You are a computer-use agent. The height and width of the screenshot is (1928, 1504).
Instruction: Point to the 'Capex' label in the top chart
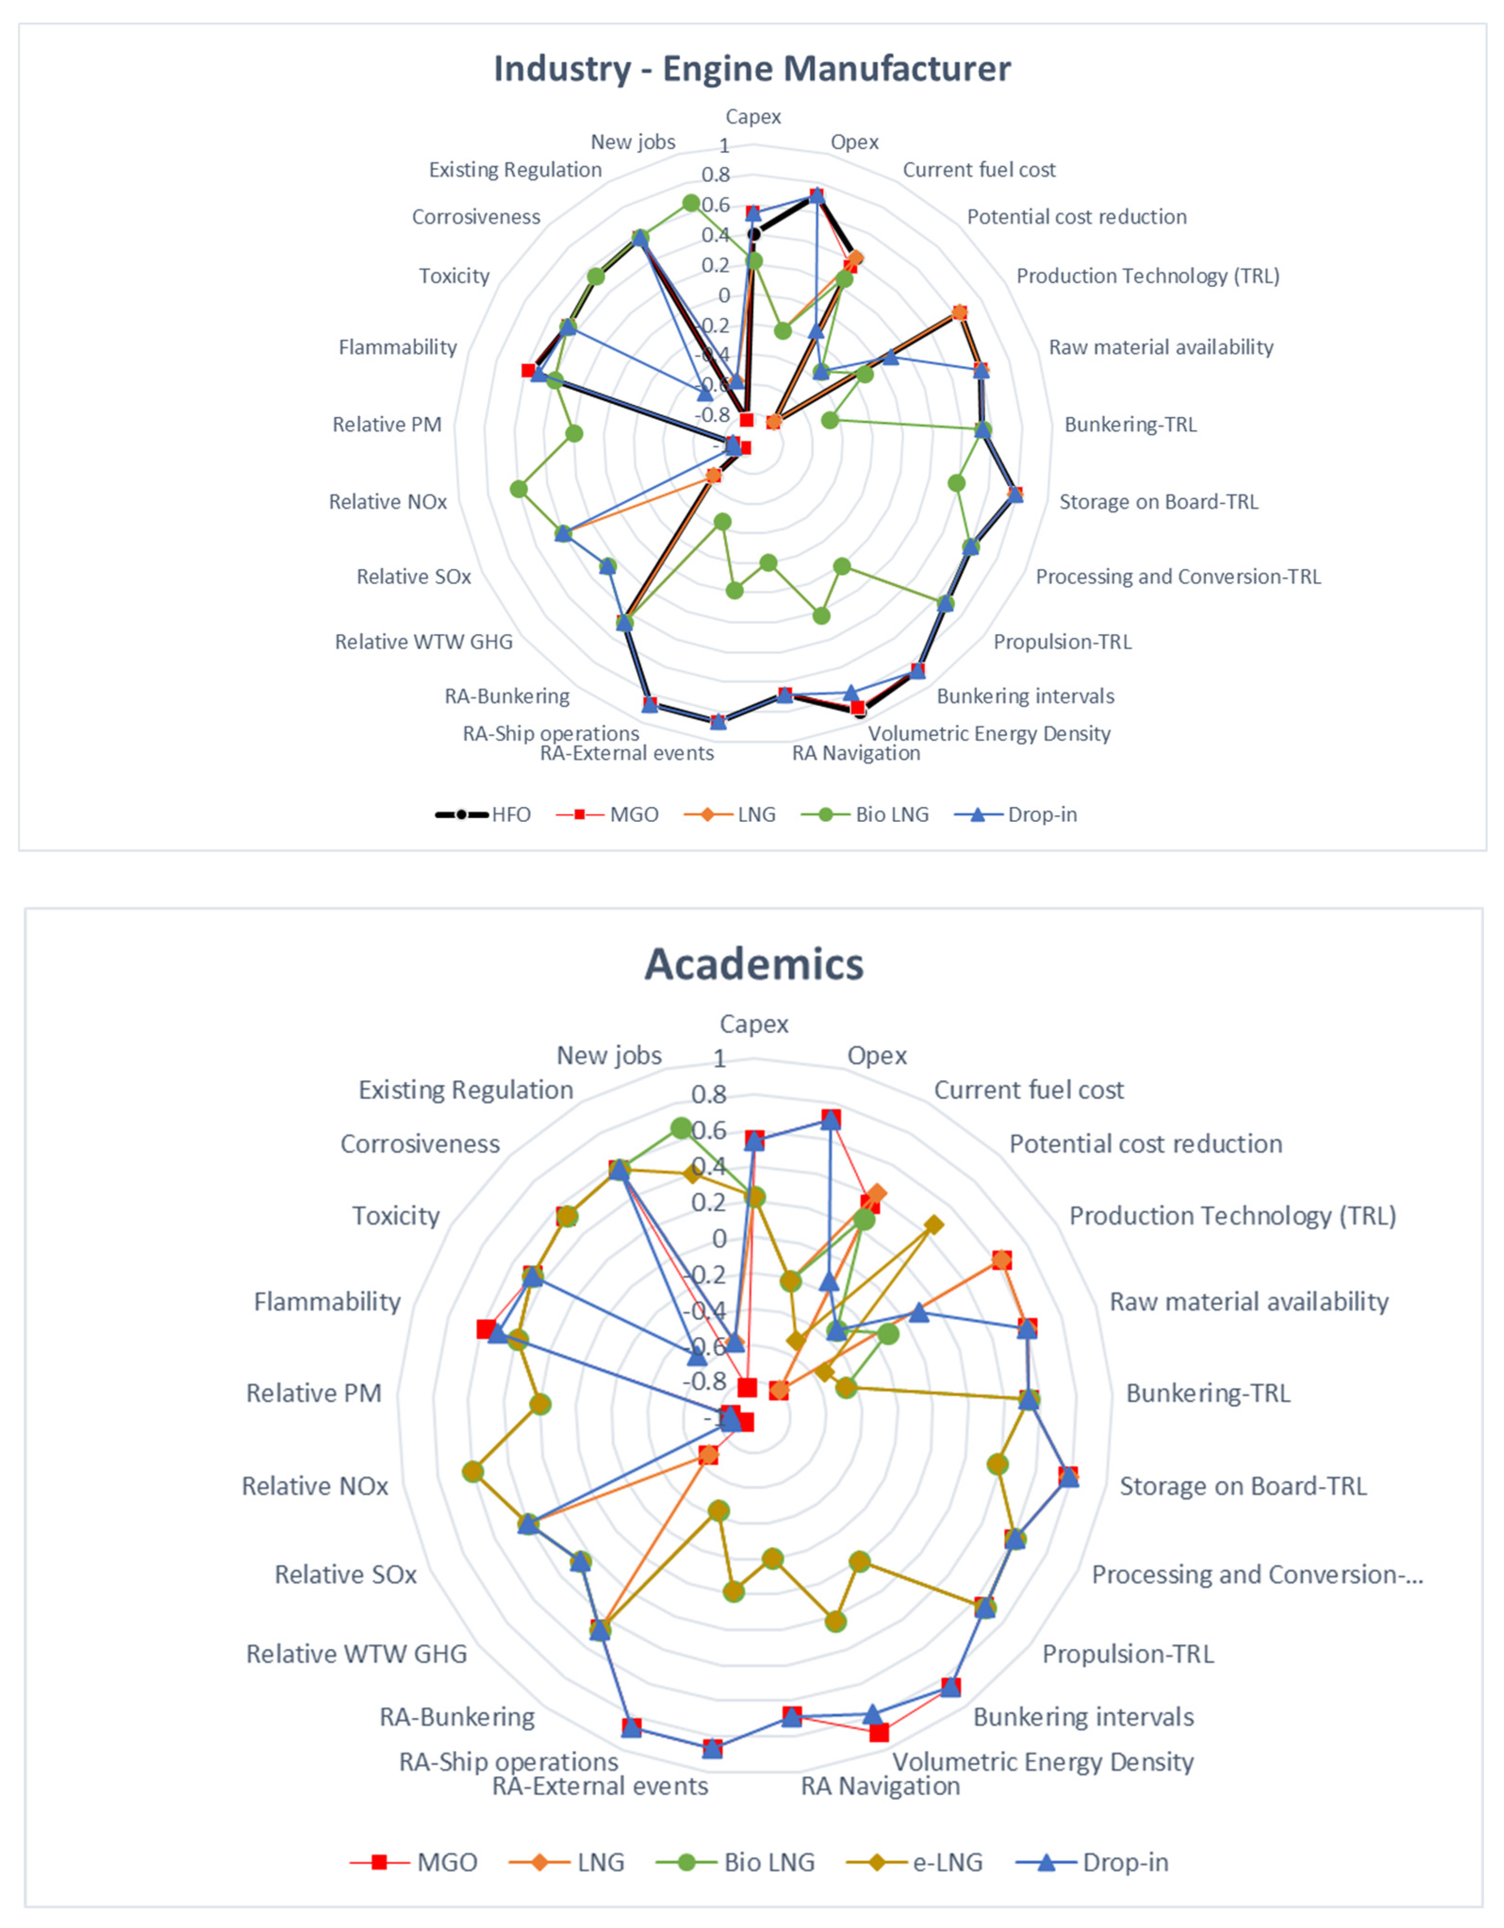click(753, 116)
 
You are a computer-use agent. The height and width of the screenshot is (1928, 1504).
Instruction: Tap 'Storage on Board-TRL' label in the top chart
click(1158, 501)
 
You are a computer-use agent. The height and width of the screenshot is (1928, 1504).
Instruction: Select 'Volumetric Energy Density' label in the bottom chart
click(1043, 1762)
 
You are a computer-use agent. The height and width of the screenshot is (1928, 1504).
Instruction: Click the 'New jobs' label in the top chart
click(633, 142)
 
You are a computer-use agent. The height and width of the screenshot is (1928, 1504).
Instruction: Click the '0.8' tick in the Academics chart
click(710, 1095)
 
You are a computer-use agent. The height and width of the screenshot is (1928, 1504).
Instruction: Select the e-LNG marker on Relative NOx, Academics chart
click(473, 1472)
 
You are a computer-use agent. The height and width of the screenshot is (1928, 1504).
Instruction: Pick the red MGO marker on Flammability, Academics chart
click(485, 1329)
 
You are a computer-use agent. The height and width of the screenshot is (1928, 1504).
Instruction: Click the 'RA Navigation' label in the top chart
click(855, 753)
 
